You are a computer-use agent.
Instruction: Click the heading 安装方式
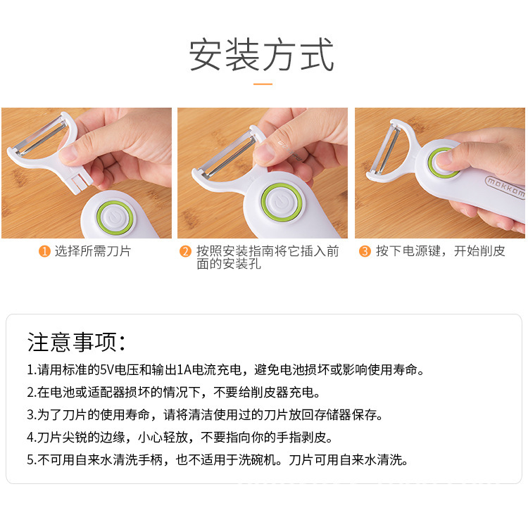point(263,56)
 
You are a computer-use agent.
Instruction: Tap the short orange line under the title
point(263,84)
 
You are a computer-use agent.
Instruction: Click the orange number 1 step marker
point(44,251)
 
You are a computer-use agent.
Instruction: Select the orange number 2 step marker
point(186,251)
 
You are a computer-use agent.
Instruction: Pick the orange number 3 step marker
point(365,251)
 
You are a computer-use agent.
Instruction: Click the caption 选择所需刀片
point(93,251)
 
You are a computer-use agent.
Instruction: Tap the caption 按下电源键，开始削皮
point(440,251)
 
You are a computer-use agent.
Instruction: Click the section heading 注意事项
point(76,343)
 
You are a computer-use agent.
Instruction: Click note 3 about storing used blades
point(205,414)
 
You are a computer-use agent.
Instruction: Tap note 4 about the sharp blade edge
point(180,438)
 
